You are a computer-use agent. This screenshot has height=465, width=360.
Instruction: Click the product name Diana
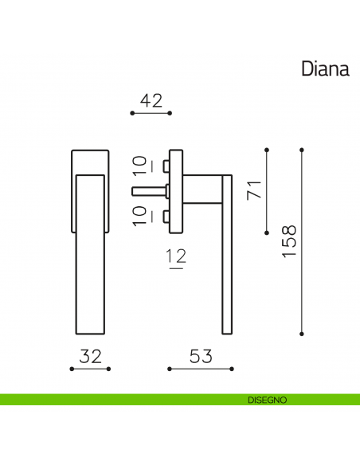(325, 68)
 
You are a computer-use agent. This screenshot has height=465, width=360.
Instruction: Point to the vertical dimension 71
(254, 191)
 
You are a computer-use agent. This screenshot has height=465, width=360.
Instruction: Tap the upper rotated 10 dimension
(140, 165)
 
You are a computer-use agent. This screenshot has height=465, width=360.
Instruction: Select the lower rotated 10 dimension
(140, 215)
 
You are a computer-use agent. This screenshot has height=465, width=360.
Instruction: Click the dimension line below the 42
(151, 114)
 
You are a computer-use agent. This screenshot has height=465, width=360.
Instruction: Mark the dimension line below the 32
(91, 369)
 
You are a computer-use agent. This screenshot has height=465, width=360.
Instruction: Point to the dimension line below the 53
(201, 369)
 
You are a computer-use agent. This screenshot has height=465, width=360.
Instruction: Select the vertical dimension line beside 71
(267, 191)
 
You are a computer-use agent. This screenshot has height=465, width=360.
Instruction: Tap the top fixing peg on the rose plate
(165, 165)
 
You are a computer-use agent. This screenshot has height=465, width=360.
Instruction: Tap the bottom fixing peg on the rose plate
(165, 217)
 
